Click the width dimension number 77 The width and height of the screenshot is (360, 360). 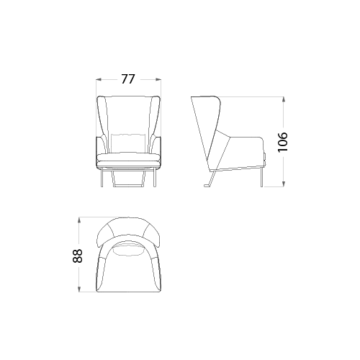(128, 79)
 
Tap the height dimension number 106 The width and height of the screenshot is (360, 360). (282, 142)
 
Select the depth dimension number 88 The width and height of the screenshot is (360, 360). (77, 256)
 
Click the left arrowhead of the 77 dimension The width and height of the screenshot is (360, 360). (99, 79)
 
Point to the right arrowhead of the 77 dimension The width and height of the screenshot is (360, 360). (158, 79)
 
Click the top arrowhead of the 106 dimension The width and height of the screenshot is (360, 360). (284, 99)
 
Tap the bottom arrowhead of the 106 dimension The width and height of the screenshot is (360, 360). (284, 184)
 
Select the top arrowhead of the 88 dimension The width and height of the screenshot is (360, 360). (79, 220)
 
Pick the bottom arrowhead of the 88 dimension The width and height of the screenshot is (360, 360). (79, 289)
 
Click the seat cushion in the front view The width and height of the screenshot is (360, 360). (128, 157)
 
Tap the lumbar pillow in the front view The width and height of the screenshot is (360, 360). (129, 143)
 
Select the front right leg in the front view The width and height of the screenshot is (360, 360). (155, 177)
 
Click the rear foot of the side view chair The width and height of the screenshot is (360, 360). (207, 185)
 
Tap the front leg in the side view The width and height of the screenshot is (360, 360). (261, 177)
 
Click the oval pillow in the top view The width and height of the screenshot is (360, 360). (128, 250)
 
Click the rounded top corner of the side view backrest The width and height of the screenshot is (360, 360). (218, 99)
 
